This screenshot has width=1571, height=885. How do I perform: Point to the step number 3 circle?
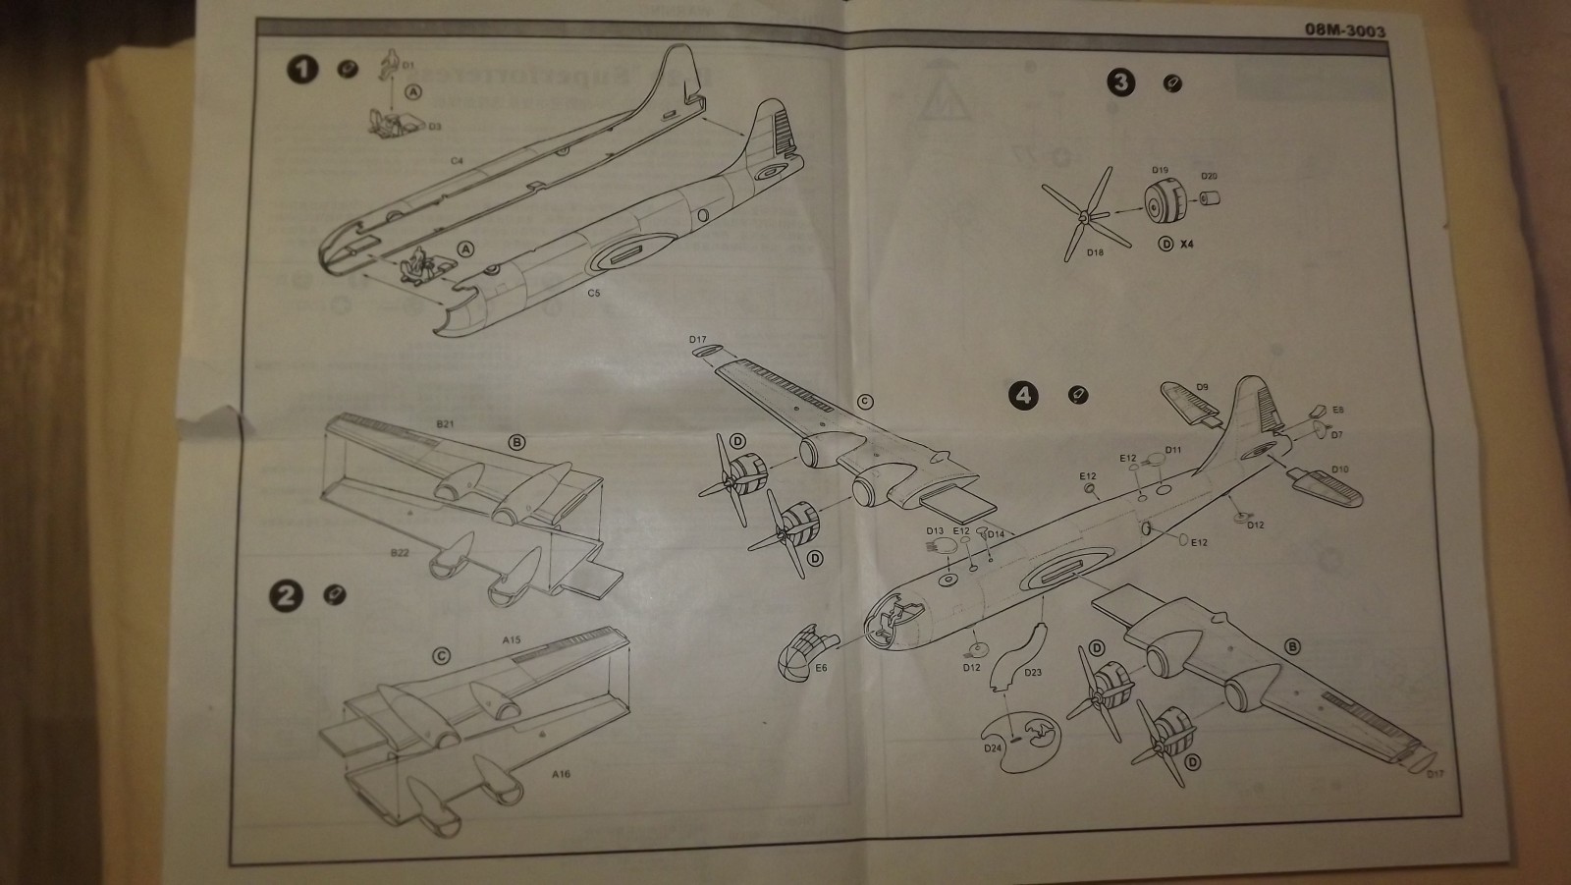click(1121, 83)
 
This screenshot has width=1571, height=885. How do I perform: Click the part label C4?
click(457, 159)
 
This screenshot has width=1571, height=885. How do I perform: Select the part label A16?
click(561, 774)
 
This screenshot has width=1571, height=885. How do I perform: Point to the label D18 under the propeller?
click(1095, 252)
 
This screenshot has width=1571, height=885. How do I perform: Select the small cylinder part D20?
click(1208, 199)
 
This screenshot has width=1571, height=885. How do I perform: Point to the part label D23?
click(1032, 673)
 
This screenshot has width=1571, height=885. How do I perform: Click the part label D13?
click(935, 531)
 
